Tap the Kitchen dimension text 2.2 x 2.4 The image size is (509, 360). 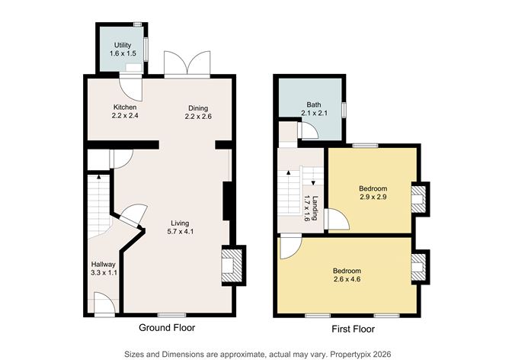tap(125, 117)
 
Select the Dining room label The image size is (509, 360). tap(197, 108)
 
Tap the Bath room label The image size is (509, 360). tap(314, 104)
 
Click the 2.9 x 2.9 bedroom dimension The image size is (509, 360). tap(373, 198)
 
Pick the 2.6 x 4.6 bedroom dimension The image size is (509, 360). tap(347, 280)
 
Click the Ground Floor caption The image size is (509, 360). tap(166, 328)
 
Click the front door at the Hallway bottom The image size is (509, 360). tap(104, 305)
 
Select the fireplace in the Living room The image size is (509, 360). tap(230, 264)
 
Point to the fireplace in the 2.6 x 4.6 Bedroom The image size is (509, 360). tap(418, 268)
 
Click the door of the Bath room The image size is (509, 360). tap(306, 131)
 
